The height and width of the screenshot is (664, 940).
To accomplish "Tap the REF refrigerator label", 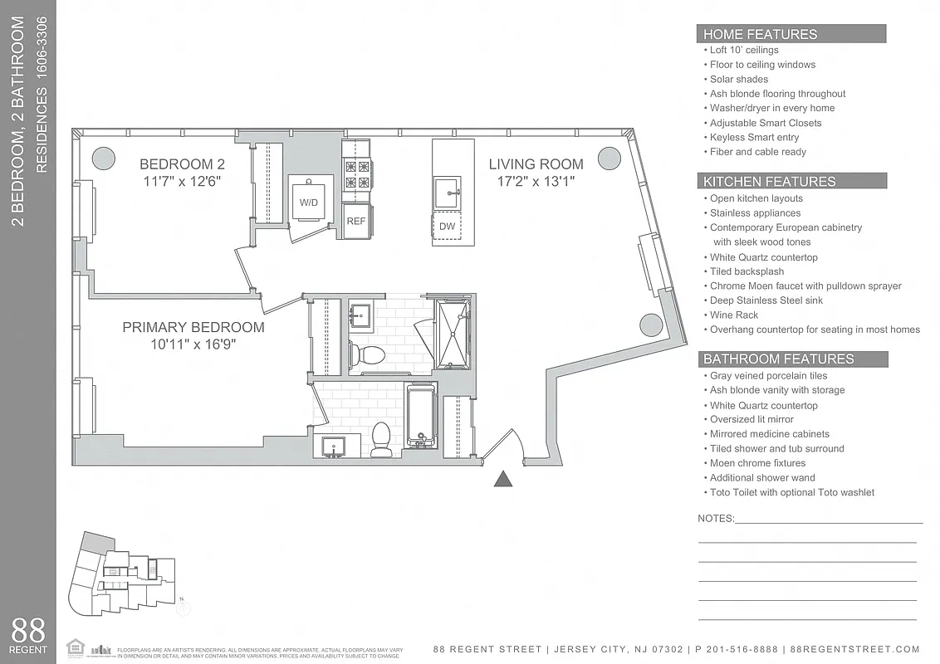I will (355, 221).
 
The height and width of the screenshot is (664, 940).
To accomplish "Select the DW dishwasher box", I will (447, 227).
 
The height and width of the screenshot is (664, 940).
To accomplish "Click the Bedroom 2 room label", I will (182, 164).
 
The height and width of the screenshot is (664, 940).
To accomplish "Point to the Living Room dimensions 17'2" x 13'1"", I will (536, 181).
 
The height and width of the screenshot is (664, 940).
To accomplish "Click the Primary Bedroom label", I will (193, 327).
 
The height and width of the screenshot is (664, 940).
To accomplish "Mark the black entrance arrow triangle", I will (503, 478).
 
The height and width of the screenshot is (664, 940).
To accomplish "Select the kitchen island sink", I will (447, 193).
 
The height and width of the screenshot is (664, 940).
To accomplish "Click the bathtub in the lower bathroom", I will (422, 417).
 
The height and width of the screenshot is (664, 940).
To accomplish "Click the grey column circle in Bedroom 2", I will (103, 157).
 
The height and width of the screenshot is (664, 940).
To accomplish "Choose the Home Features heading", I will (760, 34).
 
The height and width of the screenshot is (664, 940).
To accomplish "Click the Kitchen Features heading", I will (769, 181).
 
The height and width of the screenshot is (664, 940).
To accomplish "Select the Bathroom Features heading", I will (778, 359).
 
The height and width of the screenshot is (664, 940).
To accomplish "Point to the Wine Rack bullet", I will (734, 315).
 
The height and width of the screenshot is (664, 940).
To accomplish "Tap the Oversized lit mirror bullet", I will (752, 419).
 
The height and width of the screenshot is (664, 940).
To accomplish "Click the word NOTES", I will (716, 518).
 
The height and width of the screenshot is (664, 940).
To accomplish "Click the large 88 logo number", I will (28, 629).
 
